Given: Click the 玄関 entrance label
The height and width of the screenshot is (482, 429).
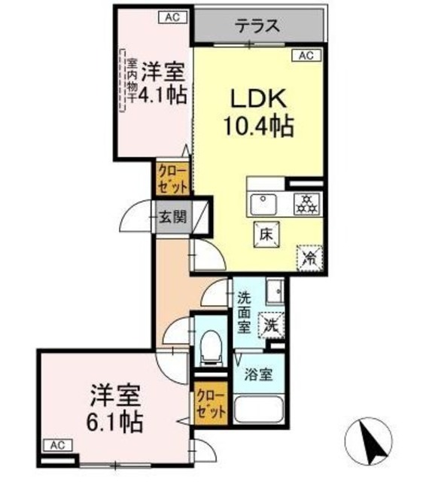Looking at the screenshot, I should click(172, 218).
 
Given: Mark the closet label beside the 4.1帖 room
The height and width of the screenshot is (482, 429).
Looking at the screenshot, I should click(172, 178).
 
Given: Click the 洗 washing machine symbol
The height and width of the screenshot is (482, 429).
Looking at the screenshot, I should click(271, 325).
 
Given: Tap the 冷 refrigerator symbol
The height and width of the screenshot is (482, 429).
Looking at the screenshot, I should click(309, 257).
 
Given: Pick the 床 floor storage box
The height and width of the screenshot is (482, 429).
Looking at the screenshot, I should click(266, 233).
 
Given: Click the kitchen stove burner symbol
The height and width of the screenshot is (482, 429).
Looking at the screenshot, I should click(306, 202).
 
